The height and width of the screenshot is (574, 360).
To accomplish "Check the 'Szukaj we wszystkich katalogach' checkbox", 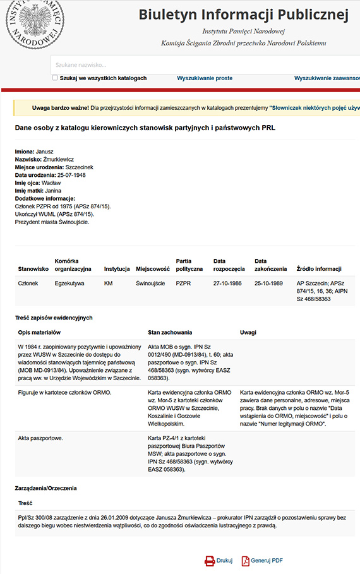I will click(55, 78).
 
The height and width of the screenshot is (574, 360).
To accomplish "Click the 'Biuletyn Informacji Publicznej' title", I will click(243, 15).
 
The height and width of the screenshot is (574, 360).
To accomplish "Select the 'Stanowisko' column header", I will click(33, 269).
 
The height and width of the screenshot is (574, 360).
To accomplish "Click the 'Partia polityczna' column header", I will click(189, 265).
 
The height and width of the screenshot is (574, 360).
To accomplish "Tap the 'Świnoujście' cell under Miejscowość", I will click(150, 284).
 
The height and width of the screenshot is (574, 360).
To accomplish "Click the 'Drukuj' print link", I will click(224, 560).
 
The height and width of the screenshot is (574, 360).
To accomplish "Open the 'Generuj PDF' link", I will click(267, 560).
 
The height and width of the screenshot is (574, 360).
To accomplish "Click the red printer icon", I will click(209, 560).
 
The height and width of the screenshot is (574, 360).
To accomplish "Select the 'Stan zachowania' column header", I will click(170, 332).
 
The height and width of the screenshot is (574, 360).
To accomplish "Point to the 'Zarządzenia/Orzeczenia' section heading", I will click(46, 488).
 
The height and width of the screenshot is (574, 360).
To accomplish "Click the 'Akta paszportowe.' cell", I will click(40, 437).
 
